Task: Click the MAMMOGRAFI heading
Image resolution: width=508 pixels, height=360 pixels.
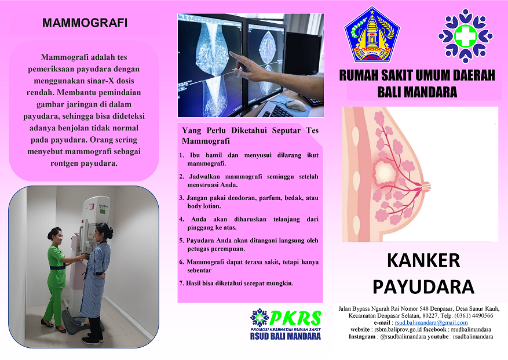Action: pos(85,23)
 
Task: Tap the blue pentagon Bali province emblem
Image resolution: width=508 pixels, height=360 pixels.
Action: pos(372,35)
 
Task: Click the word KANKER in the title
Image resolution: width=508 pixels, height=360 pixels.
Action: pos(423,260)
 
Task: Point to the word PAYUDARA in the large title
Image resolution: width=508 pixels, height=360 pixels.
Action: pos(423,287)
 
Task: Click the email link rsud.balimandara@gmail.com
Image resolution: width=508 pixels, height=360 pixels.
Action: pos(431,323)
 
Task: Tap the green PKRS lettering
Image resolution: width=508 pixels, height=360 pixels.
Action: pos(295,318)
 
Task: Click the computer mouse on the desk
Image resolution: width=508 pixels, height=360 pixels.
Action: pos(295,105)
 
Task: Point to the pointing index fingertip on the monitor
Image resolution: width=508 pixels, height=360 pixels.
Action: pos(231,53)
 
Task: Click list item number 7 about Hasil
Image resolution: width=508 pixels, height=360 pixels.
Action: pos(236,283)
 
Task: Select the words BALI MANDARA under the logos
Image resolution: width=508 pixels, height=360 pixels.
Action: pos(417,92)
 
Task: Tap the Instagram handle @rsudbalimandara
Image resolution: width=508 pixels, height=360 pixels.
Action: pos(403,337)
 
